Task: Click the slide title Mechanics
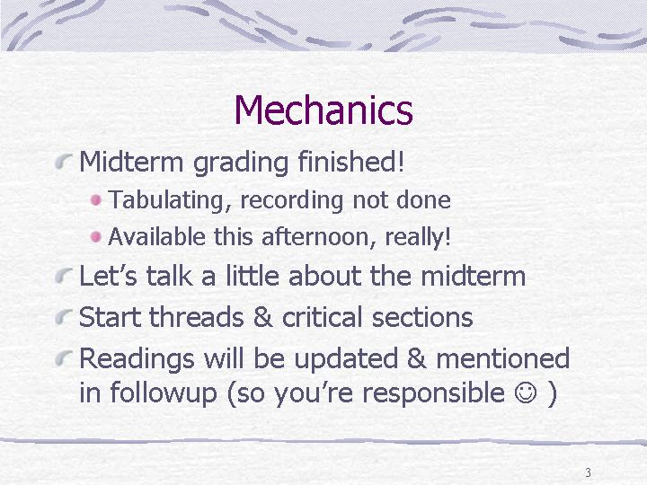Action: (323, 110)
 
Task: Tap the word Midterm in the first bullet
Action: (131, 162)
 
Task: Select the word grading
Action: (241, 163)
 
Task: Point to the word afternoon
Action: (318, 237)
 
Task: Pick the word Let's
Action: (108, 276)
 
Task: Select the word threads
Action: (197, 317)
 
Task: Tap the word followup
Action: (163, 393)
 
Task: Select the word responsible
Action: (433, 393)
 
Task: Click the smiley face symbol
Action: (526, 392)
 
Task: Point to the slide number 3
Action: (588, 472)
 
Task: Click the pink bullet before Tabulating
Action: (96, 200)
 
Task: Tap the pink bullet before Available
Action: (96, 237)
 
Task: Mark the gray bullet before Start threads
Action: (64, 318)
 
